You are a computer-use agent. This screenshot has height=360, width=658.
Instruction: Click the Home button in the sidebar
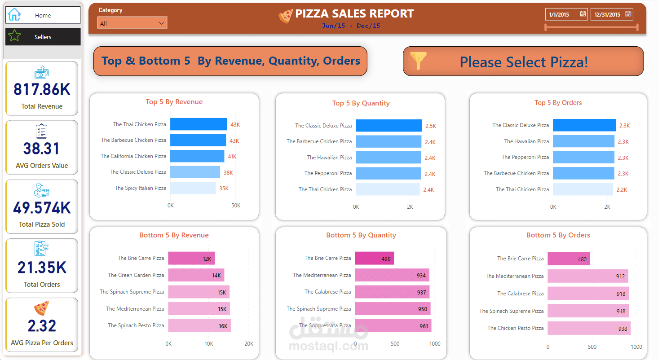(43, 15)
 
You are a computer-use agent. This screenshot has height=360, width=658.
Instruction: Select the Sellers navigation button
(43, 37)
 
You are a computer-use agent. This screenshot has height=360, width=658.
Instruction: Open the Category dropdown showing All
(132, 23)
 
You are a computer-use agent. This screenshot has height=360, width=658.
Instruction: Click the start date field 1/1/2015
(566, 14)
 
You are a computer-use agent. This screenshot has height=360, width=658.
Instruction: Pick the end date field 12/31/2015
(611, 14)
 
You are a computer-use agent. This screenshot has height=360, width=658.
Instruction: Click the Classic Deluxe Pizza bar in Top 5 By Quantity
(389, 126)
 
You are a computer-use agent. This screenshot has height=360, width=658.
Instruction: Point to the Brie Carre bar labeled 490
(374, 259)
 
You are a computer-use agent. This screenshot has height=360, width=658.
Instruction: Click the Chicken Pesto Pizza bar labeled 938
(588, 328)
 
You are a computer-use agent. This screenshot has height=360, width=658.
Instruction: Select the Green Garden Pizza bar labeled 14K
(196, 275)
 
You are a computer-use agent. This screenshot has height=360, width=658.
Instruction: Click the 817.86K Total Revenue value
(42, 90)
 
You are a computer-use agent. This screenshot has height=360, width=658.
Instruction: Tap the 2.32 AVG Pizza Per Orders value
(42, 326)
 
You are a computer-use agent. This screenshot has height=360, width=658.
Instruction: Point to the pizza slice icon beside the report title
(286, 16)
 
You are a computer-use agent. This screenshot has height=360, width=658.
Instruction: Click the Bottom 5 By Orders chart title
(558, 235)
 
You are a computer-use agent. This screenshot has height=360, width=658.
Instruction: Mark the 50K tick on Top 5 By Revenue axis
(236, 206)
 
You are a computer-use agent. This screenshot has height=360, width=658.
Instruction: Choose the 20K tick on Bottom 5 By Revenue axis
(248, 344)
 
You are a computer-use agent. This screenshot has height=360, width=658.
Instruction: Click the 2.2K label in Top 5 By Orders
(622, 190)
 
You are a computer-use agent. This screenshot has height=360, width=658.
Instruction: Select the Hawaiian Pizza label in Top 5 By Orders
(526, 141)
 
